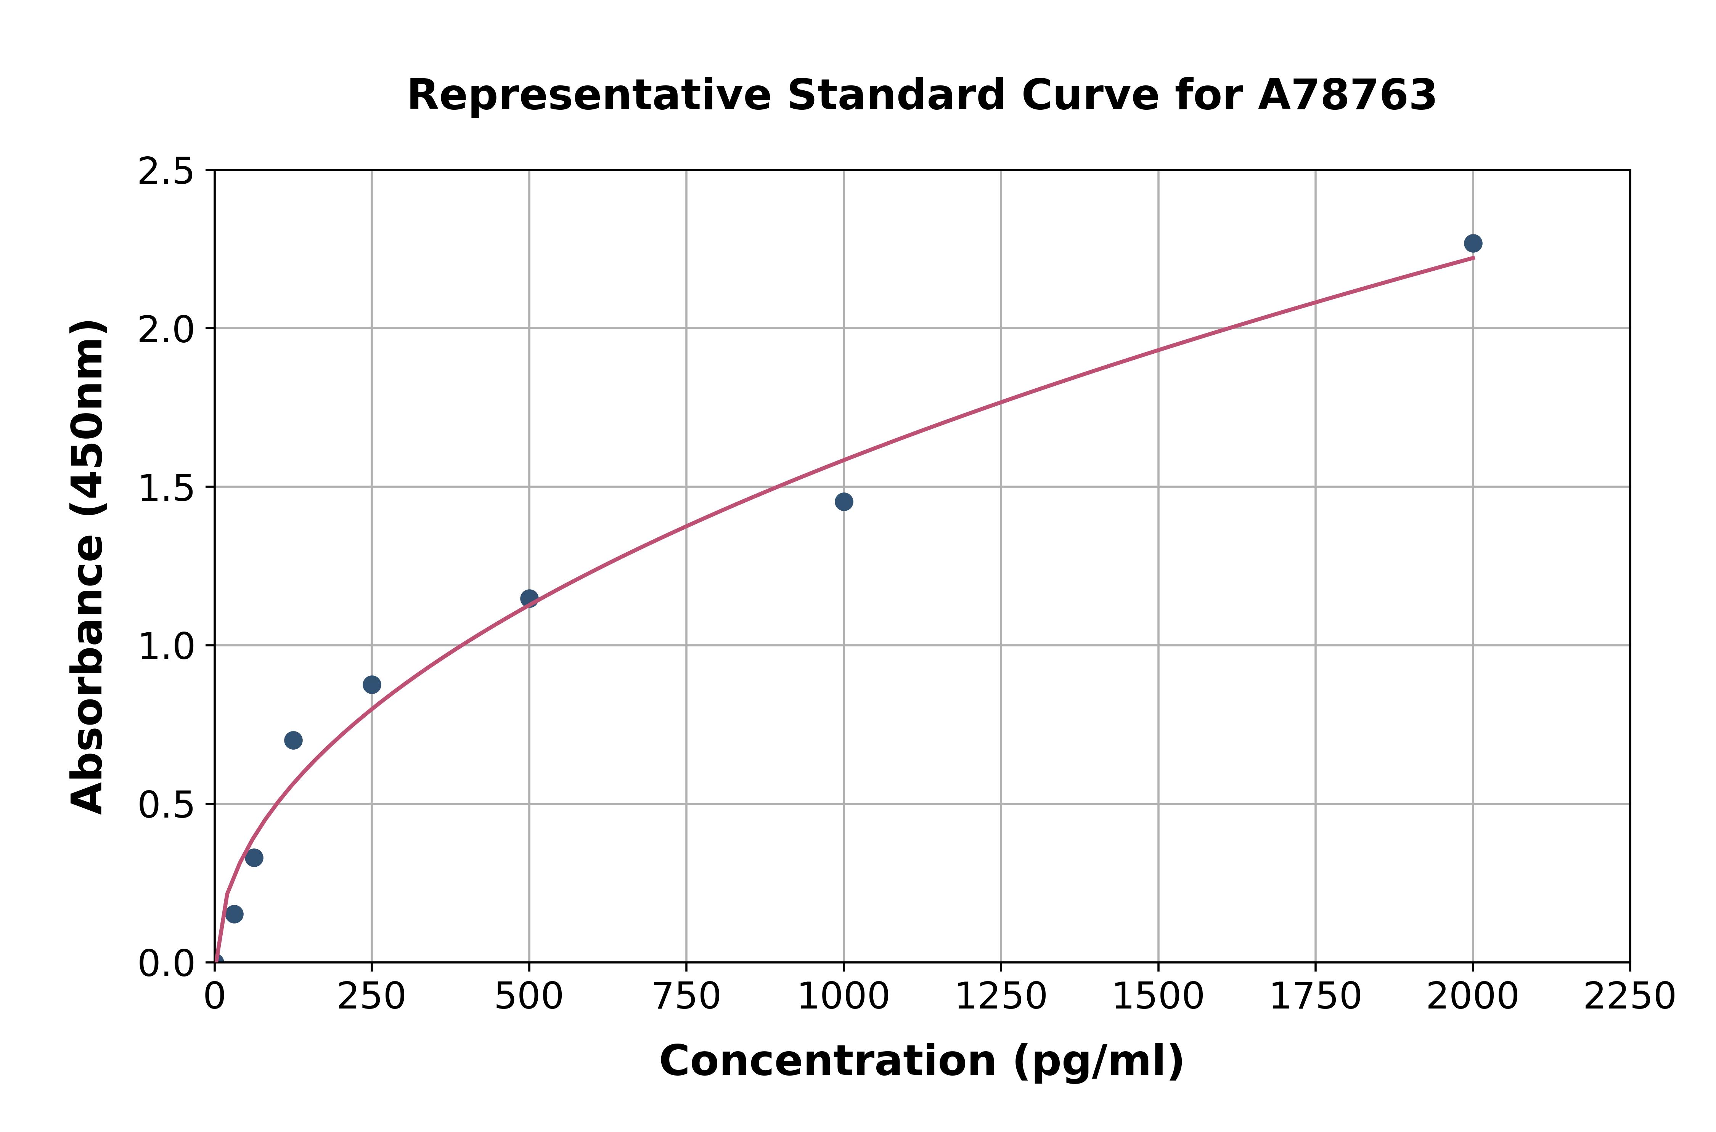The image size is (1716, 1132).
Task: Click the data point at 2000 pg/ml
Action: tap(1473, 243)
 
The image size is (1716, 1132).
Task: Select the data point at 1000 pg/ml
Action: tap(844, 502)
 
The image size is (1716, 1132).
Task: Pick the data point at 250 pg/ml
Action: tap(372, 685)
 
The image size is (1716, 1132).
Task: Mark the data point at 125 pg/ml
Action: tap(293, 740)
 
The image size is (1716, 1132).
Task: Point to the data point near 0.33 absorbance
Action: tap(254, 858)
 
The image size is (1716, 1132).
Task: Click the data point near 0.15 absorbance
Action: tap(234, 914)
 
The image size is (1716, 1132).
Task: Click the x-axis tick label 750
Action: tap(686, 997)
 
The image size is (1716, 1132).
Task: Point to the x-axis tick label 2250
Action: tap(1629, 997)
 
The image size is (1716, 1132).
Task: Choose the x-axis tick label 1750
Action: tap(1315, 997)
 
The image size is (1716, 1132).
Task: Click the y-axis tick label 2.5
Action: tap(166, 172)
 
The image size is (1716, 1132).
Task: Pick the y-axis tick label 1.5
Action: tap(166, 488)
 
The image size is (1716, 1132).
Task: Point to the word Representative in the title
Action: tap(589, 95)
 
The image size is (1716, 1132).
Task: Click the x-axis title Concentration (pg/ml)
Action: tap(922, 1061)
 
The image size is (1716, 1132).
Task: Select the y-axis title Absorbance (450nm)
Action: tap(88, 567)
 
